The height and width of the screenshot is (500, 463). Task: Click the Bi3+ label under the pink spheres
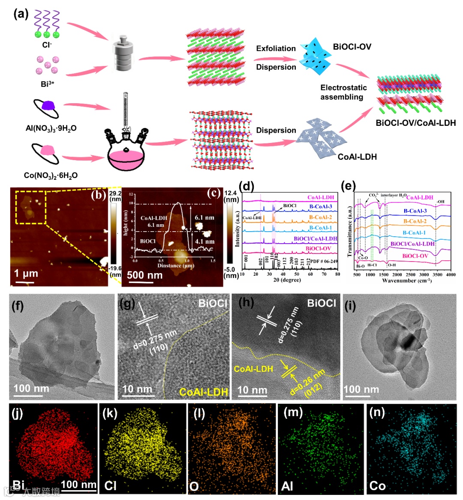47,84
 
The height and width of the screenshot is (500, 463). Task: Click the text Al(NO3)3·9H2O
51,128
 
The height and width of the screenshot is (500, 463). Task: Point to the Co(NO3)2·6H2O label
51,176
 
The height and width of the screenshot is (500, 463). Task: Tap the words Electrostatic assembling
343,92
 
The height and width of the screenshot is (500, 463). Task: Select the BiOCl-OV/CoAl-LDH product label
415,123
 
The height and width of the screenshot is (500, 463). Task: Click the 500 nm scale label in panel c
145,275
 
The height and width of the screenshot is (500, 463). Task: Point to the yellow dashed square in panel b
30,208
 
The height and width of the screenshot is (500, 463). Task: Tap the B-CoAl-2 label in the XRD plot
320,217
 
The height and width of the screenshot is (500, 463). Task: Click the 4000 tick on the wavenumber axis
450,275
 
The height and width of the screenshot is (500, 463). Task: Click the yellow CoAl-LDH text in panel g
203,391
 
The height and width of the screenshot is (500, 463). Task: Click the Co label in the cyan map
377,486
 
